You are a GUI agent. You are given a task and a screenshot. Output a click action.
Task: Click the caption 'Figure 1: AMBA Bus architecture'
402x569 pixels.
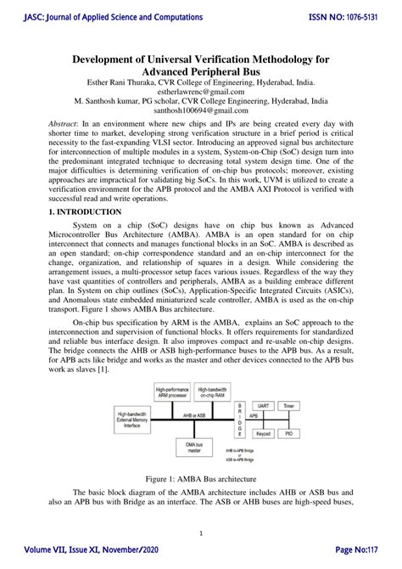pos(200,479)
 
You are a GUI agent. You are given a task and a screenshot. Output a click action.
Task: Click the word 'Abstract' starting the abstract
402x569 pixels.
pos(66,123)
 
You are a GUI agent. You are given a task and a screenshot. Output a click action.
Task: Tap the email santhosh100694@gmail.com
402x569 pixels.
pos(201,110)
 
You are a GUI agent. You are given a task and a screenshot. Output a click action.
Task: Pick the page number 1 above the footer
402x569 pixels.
pos(201,533)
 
